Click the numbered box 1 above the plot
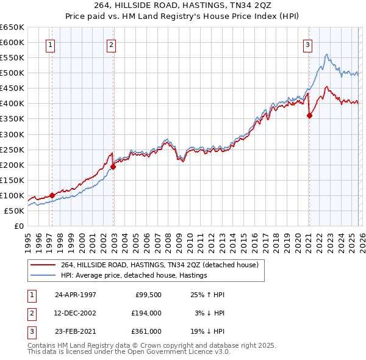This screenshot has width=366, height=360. click(49, 44)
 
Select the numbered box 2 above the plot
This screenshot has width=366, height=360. click(111, 44)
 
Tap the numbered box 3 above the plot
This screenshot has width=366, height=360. click(308, 44)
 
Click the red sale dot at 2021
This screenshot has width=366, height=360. click(309, 115)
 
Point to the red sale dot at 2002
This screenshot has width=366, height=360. click(113, 167)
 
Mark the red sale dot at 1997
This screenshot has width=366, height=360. click(52, 195)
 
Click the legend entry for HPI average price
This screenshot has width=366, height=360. click(134, 275)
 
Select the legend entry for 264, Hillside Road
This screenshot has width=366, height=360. click(160, 265)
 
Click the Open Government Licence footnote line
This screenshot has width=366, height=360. click(129, 352)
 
